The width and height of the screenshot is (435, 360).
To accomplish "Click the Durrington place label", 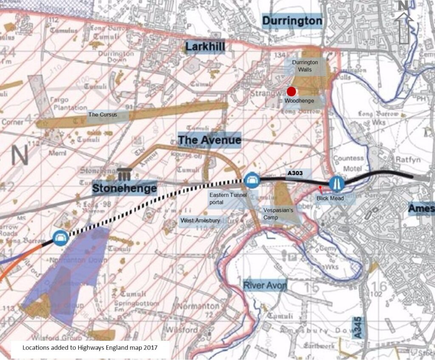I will click(x=292, y=21).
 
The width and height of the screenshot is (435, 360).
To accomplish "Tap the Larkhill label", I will click(x=205, y=46).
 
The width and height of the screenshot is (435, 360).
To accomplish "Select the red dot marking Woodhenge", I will click(x=291, y=91).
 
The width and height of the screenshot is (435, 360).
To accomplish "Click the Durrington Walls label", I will click(x=305, y=66).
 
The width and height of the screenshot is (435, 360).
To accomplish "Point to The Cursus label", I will click(x=102, y=115).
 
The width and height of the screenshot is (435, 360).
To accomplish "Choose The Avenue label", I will click(x=209, y=139).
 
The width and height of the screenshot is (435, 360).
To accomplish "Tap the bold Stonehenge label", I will click(x=124, y=188).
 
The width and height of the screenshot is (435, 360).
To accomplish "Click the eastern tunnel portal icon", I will click(x=251, y=179).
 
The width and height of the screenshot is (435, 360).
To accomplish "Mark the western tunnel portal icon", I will click(x=61, y=237).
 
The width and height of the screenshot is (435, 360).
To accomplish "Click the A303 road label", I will click(x=296, y=173).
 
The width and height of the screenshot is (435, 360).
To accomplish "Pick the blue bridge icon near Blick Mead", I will click(x=337, y=184).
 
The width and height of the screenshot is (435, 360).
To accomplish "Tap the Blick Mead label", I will click(x=330, y=198).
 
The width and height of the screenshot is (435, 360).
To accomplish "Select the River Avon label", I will click(x=265, y=285).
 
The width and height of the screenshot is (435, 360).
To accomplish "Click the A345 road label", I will click(x=358, y=327).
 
